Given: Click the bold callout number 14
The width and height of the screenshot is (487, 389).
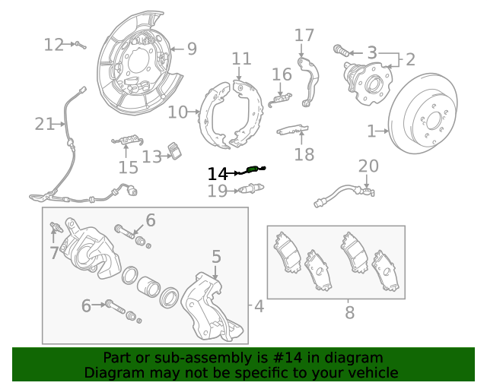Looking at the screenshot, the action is click(x=218, y=174).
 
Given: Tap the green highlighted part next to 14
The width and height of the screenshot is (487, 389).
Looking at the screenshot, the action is click(x=252, y=169).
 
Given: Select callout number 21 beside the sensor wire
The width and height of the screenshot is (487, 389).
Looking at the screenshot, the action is click(x=44, y=124).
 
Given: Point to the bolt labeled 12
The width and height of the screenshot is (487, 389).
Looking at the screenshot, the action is click(x=81, y=45).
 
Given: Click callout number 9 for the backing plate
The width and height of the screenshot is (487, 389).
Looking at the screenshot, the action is click(x=193, y=49).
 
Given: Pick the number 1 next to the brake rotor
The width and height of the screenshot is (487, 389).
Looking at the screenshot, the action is click(x=371, y=131).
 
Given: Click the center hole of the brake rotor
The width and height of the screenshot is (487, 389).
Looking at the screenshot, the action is click(x=434, y=121).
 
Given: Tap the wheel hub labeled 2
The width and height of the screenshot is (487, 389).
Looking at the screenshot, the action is click(x=368, y=82).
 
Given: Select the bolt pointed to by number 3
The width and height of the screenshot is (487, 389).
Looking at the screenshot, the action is click(x=341, y=51).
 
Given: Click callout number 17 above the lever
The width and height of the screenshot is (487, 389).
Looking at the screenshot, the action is click(x=304, y=36).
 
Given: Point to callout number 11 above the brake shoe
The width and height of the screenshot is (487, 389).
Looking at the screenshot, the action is click(x=242, y=59).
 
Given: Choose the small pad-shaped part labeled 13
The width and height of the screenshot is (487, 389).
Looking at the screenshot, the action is click(x=175, y=151).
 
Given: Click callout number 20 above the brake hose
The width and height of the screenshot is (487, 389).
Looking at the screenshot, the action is click(x=368, y=166).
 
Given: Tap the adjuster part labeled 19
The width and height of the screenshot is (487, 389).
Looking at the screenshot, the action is click(x=251, y=188).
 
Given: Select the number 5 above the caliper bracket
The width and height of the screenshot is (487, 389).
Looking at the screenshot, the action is click(x=216, y=257).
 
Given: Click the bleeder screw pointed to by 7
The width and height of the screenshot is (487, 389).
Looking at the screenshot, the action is click(x=57, y=227).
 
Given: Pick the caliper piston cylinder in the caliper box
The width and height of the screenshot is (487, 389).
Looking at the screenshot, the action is click(x=148, y=286).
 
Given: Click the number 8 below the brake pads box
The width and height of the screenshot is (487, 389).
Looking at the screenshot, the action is click(x=350, y=312).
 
